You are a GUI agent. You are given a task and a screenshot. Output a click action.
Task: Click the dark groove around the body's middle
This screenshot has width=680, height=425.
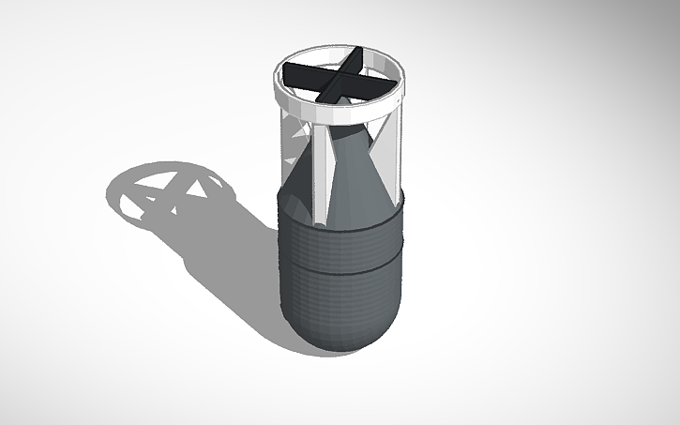pyautogui.click(x=342, y=272)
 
